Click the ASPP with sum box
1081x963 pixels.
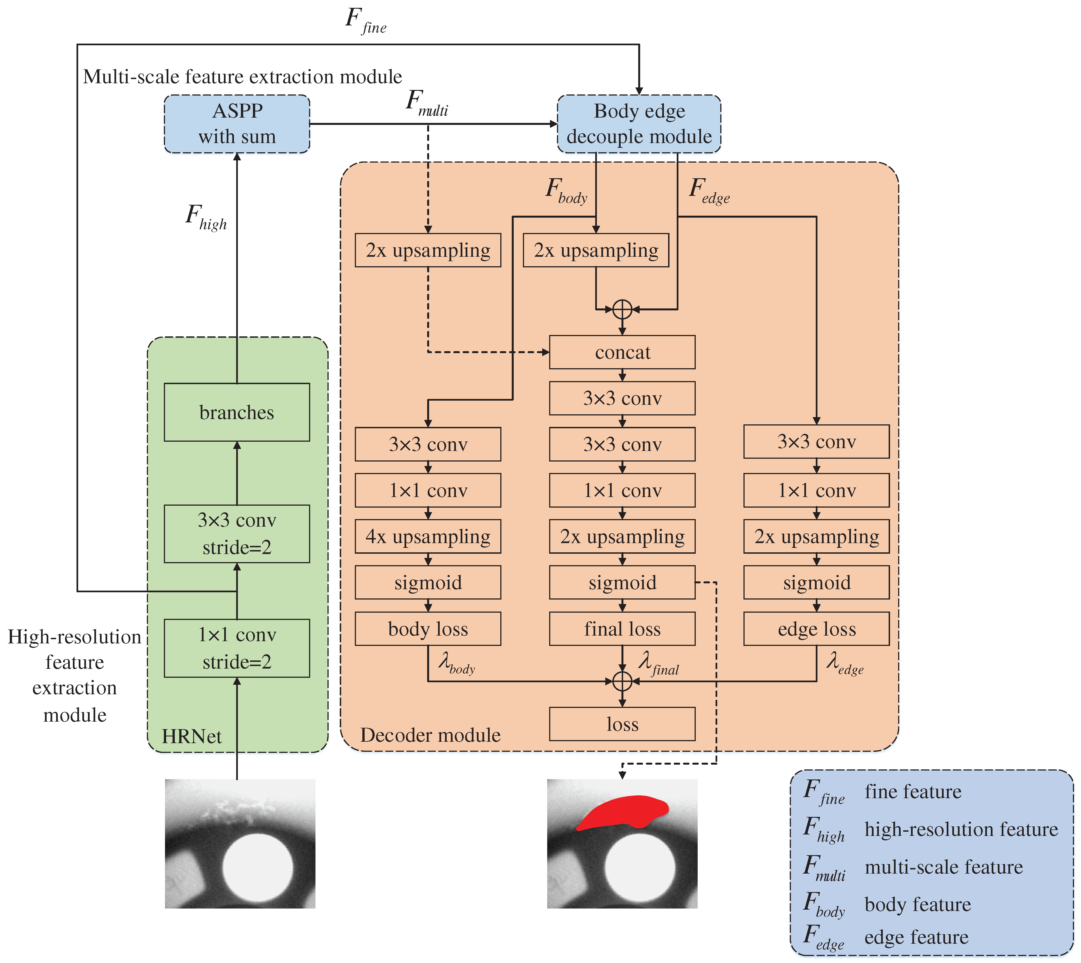point(237,124)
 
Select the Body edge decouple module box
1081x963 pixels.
point(639,124)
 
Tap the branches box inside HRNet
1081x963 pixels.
point(237,412)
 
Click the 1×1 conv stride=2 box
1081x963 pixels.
point(237,648)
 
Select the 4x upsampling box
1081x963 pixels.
point(428,536)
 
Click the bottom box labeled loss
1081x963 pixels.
point(622,724)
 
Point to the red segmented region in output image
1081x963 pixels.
point(624,812)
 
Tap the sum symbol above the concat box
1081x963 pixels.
point(622,309)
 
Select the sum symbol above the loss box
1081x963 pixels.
point(622,681)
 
